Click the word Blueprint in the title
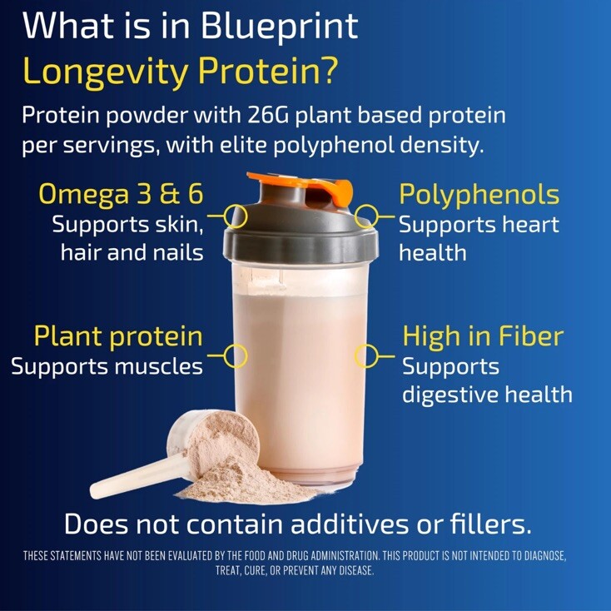click(x=280, y=27)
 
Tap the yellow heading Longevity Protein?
click(x=180, y=72)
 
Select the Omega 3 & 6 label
click(x=122, y=195)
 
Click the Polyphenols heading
click(x=479, y=195)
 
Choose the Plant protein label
click(x=118, y=336)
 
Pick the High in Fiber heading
click(x=483, y=336)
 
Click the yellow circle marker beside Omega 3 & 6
click(x=236, y=216)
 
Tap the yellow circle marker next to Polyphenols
click(x=365, y=217)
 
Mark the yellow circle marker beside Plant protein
click(x=236, y=356)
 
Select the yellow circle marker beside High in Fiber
click(x=365, y=356)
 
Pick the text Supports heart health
click(x=479, y=238)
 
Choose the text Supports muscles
click(x=107, y=366)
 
